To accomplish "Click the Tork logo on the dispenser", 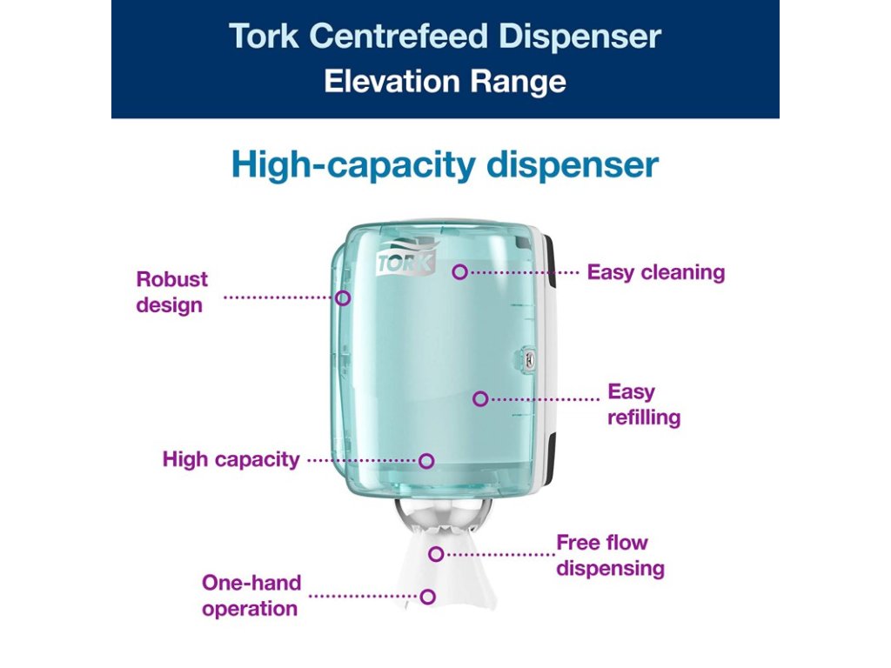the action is click(405, 263).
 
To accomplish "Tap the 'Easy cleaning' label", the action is click(655, 272).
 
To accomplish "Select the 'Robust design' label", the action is click(171, 292).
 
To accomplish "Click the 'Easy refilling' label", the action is click(644, 404).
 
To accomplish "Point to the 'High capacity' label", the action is click(231, 459).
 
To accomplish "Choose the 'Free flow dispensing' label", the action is click(610, 556).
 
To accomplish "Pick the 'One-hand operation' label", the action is click(251, 596).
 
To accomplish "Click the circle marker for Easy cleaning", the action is click(459, 272).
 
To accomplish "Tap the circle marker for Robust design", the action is click(343, 297).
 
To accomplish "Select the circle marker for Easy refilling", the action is click(479, 398).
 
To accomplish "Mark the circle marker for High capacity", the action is click(426, 460).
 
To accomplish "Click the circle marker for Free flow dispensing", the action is click(436, 553).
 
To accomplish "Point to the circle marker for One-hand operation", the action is click(427, 597).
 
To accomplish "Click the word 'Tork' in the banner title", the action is click(265, 37).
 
